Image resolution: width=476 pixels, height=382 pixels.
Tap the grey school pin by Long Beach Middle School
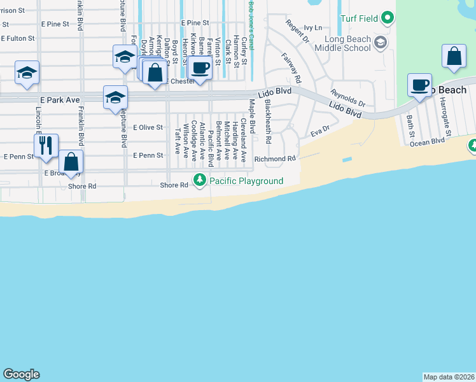(381, 43)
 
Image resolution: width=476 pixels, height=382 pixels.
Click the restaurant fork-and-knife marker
(46, 146)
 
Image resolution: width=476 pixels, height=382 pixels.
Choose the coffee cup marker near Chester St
(200, 67)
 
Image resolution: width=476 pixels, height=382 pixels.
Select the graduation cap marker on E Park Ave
(115, 97)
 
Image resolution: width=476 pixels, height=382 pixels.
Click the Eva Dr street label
(319, 132)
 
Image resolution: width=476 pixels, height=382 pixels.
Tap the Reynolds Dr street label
(348, 98)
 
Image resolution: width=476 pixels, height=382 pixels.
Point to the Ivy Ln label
(313, 27)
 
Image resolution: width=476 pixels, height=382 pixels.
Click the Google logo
(21, 374)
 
